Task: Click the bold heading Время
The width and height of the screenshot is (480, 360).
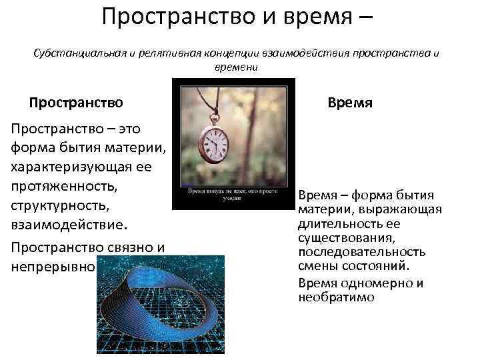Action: tap(350, 103)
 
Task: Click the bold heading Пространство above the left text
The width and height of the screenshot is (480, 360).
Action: tap(76, 103)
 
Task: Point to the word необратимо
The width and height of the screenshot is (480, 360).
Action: tap(336, 297)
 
